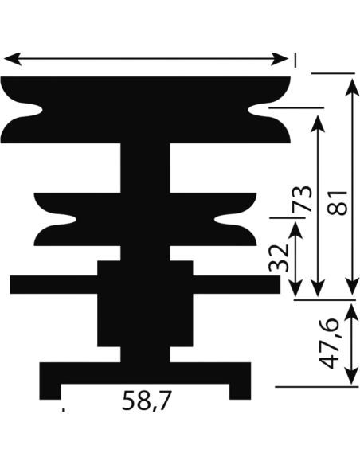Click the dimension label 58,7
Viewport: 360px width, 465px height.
[x=147, y=401]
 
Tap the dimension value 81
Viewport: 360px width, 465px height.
[x=337, y=203]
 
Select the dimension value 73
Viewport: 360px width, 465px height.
[x=302, y=199]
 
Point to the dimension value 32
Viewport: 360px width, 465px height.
[x=279, y=258]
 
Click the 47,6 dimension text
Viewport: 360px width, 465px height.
[x=328, y=343]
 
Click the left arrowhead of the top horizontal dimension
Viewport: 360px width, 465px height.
[x=12, y=59]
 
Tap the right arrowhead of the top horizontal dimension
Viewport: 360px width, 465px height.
[x=280, y=59]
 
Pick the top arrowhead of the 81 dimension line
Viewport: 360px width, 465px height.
[x=353, y=88]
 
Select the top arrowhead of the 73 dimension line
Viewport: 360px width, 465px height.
[x=317, y=123]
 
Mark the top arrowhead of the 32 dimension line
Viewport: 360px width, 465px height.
[x=295, y=229]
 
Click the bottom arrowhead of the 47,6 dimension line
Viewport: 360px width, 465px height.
[x=352, y=376]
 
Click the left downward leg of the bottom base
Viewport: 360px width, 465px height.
[x=50, y=392]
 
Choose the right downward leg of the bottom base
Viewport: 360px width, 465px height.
[x=241, y=392]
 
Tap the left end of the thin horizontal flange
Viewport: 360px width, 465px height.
[x=10, y=285]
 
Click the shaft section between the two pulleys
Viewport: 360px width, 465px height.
[x=145, y=168]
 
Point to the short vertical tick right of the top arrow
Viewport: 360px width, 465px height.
[x=295, y=60]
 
